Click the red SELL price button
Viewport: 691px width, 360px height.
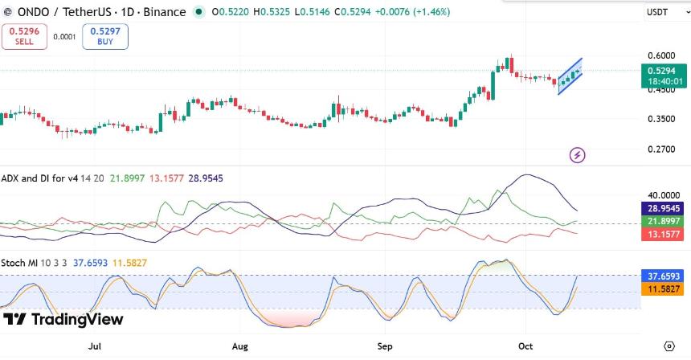pyautogui.click(x=24, y=36)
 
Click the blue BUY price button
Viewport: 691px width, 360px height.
pyautogui.click(x=105, y=36)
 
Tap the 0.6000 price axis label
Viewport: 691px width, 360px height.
pyautogui.click(x=661, y=55)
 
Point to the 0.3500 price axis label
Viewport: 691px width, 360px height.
pyautogui.click(x=661, y=119)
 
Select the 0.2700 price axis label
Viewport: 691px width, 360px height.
pyautogui.click(x=661, y=149)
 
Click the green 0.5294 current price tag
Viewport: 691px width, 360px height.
pyautogui.click(x=664, y=76)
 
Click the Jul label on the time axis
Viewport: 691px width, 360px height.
pyautogui.click(x=95, y=346)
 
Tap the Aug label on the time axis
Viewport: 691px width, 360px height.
pyautogui.click(x=239, y=346)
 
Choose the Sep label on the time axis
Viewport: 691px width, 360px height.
pyautogui.click(x=385, y=346)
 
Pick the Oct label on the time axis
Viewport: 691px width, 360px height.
pyautogui.click(x=525, y=346)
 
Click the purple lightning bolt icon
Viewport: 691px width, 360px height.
pyautogui.click(x=577, y=154)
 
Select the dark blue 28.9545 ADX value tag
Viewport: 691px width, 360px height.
pyautogui.click(x=663, y=208)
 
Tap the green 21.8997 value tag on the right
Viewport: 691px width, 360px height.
pyautogui.click(x=663, y=221)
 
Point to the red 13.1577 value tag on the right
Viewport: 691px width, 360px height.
pyautogui.click(x=663, y=234)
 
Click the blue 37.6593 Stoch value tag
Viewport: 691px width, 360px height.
pyautogui.click(x=663, y=276)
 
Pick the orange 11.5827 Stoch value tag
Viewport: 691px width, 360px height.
pyautogui.click(x=663, y=289)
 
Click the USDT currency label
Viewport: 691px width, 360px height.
pyautogui.click(x=657, y=12)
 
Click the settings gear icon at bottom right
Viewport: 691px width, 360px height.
pyautogui.click(x=669, y=346)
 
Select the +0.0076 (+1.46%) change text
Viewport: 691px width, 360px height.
pyautogui.click(x=412, y=12)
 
